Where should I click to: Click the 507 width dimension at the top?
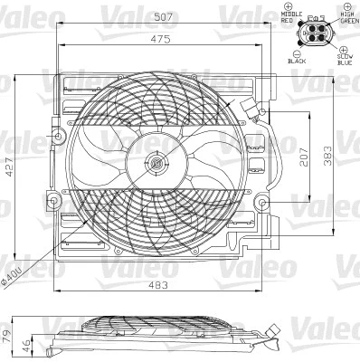164,16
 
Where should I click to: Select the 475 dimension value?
159,39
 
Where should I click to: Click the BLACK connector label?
297,59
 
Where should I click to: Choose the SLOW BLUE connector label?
345,60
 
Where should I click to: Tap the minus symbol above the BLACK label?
292,49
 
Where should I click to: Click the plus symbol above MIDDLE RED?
290,6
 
